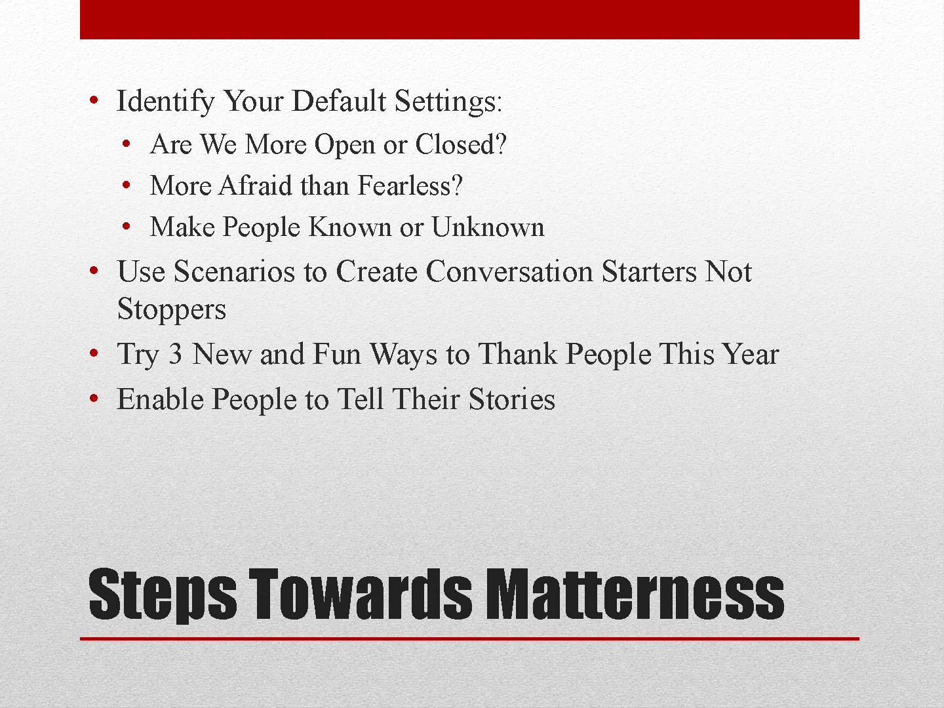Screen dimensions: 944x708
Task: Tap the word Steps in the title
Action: click(163, 596)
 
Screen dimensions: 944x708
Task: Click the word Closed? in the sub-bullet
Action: click(461, 144)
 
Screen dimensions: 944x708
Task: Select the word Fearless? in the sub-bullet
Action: click(410, 186)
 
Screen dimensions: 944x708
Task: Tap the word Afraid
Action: click(256, 186)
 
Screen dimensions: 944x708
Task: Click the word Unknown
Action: click(488, 227)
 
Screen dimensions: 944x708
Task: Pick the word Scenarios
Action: click(235, 271)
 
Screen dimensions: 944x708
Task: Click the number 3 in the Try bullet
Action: click(174, 354)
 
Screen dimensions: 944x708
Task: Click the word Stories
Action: click(512, 399)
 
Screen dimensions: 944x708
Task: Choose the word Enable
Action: click(161, 399)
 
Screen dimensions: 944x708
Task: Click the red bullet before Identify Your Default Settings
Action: click(94, 100)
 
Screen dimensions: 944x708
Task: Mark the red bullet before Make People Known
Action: click(126, 226)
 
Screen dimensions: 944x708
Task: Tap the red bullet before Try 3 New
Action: click(94, 353)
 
